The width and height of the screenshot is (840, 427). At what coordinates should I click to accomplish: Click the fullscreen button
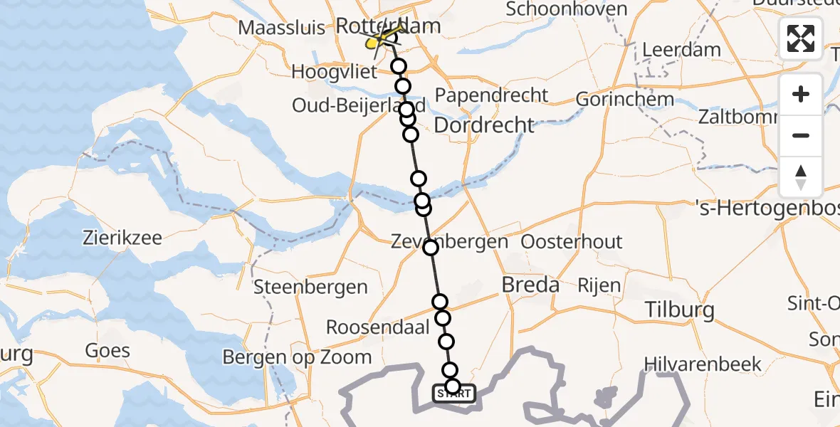point(801,38)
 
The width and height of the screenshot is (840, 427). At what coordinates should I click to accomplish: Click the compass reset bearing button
point(801,176)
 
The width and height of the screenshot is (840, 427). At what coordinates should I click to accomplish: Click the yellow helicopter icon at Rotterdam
point(378,41)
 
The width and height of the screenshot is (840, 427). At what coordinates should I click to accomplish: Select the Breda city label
point(530,285)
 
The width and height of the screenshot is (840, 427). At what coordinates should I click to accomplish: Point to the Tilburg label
point(679,310)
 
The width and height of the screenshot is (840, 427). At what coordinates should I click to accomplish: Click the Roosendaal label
point(377,327)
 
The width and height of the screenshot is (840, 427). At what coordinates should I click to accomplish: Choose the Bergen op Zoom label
point(297,357)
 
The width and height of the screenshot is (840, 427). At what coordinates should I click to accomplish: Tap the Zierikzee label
point(122,238)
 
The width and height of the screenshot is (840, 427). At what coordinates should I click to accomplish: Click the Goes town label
point(107,350)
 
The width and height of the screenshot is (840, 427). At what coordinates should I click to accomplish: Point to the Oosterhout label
point(572,242)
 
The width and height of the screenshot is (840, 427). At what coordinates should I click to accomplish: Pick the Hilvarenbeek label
point(702,364)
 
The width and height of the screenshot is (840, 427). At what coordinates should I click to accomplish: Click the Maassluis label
point(282,28)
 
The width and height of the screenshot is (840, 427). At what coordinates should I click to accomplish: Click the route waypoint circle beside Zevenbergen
point(431,248)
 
